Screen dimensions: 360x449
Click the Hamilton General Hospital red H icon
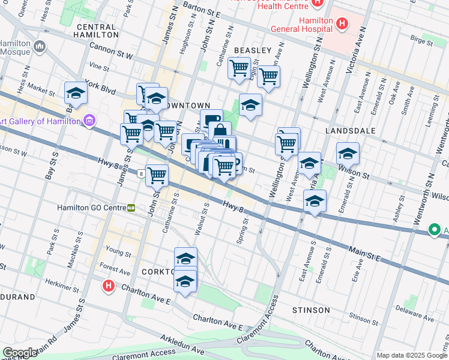pyautogui.click(x=342, y=24)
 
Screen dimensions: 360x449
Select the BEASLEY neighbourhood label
pyautogui.click(x=253, y=50)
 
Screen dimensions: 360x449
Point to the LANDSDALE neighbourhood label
pyautogui.click(x=350, y=130)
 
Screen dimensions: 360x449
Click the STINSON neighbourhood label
pyautogui.click(x=311, y=310)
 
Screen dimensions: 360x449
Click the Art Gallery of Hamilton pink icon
pyautogui.click(x=90, y=121)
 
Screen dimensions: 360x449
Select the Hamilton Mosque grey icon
pyautogui.click(x=40, y=46)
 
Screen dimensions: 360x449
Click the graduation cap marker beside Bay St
pyautogui.click(x=76, y=94)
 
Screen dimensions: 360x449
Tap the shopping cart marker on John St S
pyautogui.click(x=157, y=176)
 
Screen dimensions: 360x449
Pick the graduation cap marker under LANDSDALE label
pyautogui.click(x=348, y=154)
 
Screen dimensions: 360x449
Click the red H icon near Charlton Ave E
pyautogui.click(x=108, y=286)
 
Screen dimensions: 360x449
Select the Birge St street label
pyautogui.click(x=422, y=41)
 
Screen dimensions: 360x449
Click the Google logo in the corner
pyautogui.click(x=20, y=353)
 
